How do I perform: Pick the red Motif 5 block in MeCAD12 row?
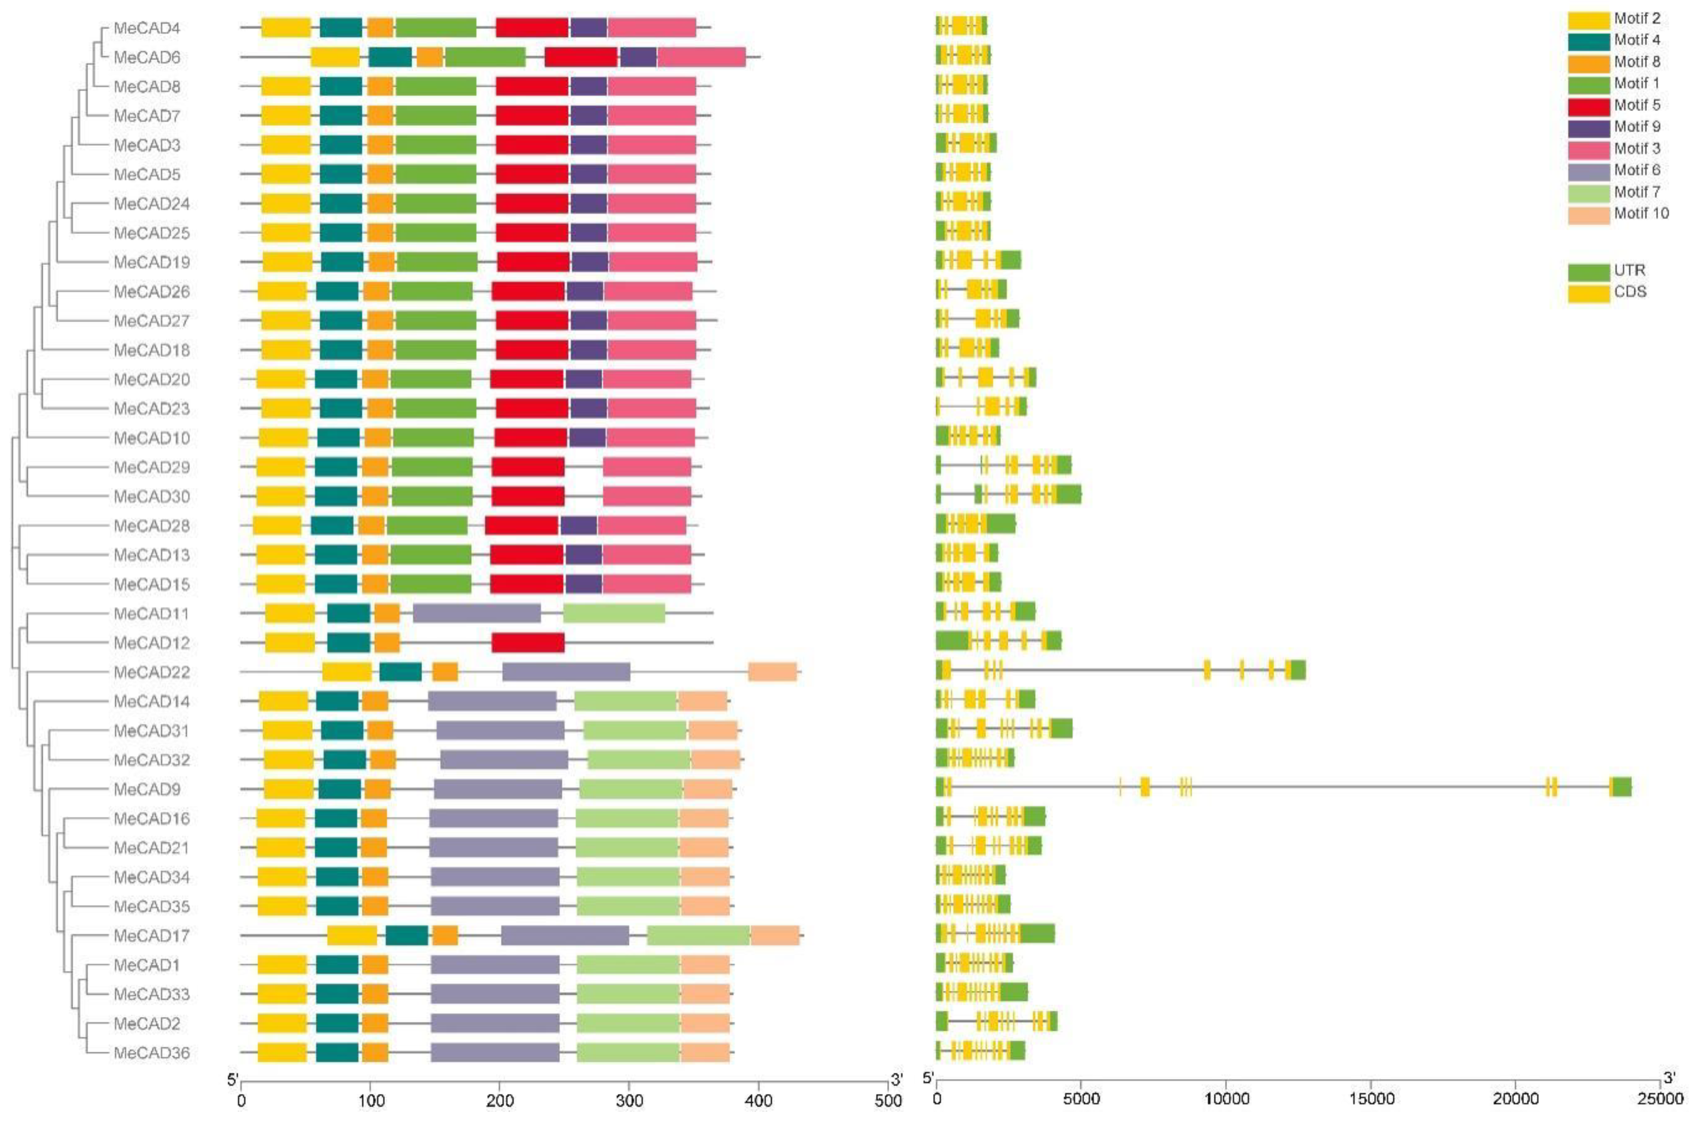[528, 643]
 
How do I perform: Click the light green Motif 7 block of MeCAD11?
[614, 614]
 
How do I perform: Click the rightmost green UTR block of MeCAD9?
[1622, 786]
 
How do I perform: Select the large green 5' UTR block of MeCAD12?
[952, 640]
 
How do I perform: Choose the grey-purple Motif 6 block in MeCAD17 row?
[565, 936]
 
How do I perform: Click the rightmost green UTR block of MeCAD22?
[1297, 670]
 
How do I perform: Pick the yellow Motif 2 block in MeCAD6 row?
[335, 57]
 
